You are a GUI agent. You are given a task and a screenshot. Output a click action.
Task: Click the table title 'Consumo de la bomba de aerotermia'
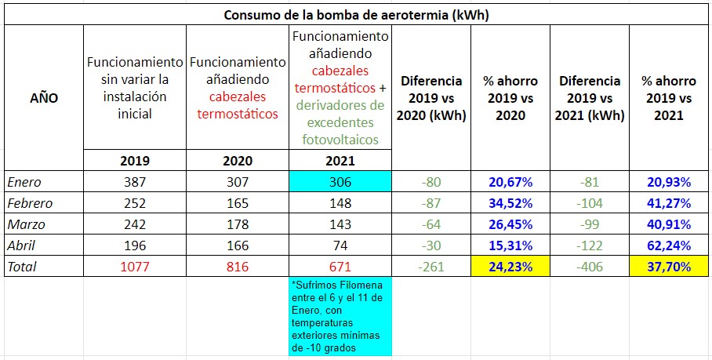pyautogui.click(x=357, y=15)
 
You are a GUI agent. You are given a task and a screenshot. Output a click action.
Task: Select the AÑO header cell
pyautogui.click(x=44, y=98)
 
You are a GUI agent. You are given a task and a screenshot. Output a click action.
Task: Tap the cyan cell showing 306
pyautogui.click(x=340, y=182)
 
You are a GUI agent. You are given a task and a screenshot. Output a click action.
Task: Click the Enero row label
pyautogui.click(x=24, y=182)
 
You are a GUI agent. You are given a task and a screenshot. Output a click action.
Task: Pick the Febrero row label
pyautogui.click(x=29, y=203)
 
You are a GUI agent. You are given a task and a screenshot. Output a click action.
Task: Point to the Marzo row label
pyautogui.click(x=25, y=224)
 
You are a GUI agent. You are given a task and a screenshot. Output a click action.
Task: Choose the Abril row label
pyautogui.click(x=22, y=245)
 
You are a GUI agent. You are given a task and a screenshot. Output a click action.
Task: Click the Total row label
pyautogui.click(x=22, y=267)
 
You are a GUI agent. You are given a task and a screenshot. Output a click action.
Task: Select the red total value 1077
pyautogui.click(x=135, y=267)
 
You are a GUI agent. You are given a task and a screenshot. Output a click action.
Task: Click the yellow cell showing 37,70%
pyautogui.click(x=668, y=267)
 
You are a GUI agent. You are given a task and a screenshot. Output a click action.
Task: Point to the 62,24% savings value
pyautogui.click(x=668, y=245)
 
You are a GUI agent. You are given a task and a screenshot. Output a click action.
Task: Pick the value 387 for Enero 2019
pyautogui.click(x=135, y=182)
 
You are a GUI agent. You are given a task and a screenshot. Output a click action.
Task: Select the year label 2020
pyautogui.click(x=237, y=161)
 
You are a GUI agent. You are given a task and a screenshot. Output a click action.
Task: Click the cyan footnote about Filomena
pyautogui.click(x=340, y=315)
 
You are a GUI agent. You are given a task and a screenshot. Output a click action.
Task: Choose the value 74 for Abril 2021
pyautogui.click(x=340, y=245)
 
